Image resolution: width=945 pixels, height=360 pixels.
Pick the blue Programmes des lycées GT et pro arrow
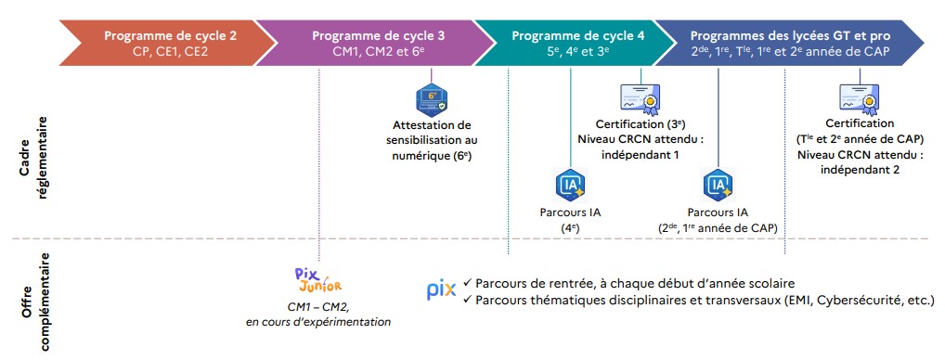click(788, 42)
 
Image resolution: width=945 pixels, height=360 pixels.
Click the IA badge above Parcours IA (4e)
click(570, 186)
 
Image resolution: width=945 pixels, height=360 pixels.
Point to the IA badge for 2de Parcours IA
click(718, 186)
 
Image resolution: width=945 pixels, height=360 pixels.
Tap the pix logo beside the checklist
click(442, 290)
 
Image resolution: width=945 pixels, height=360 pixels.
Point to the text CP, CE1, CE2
click(170, 51)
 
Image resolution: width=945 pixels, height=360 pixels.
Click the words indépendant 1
click(641, 155)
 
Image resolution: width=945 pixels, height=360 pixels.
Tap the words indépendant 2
click(860, 170)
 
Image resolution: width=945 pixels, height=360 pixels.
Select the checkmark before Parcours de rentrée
click(468, 282)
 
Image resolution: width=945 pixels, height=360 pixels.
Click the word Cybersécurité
click(856, 300)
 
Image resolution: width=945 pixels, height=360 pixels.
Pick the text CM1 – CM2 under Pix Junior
click(318, 307)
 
